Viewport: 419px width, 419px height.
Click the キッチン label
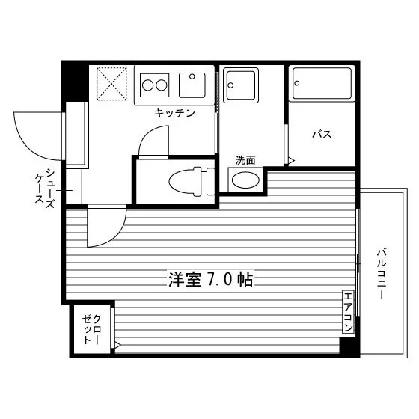[174, 113]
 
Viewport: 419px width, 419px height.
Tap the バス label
[322, 134]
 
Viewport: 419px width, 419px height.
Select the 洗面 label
[245, 160]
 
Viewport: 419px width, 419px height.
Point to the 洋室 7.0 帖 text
[210, 280]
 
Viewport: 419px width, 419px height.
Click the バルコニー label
[382, 274]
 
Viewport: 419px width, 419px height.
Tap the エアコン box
[348, 312]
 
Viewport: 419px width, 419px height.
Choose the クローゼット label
[91, 329]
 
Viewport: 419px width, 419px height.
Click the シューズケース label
[45, 189]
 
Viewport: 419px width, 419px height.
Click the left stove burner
[147, 85]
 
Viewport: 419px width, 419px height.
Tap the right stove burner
[162, 85]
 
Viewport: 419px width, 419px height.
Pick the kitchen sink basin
[192, 85]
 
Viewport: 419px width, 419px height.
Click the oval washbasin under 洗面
[245, 180]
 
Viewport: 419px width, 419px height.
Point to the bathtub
[322, 83]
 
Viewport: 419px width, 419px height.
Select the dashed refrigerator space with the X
[111, 84]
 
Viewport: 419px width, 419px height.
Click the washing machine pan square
[241, 85]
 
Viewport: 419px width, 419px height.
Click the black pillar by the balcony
[349, 347]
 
